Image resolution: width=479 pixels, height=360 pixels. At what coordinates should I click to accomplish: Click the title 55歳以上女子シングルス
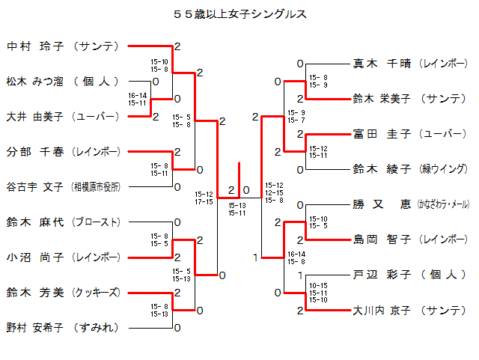coord(239,14)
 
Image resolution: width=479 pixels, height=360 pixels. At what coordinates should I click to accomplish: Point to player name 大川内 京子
coord(382,310)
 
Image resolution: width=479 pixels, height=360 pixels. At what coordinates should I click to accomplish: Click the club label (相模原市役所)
coord(96,186)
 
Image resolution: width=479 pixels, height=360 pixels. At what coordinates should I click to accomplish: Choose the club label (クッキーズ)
coord(96,292)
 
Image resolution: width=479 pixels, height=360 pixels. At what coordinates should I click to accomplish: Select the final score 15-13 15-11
coord(239,209)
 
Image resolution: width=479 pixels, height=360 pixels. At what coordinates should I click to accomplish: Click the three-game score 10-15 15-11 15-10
coord(318,293)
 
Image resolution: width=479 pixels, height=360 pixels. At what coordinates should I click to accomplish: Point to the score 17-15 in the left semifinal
coord(204,201)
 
